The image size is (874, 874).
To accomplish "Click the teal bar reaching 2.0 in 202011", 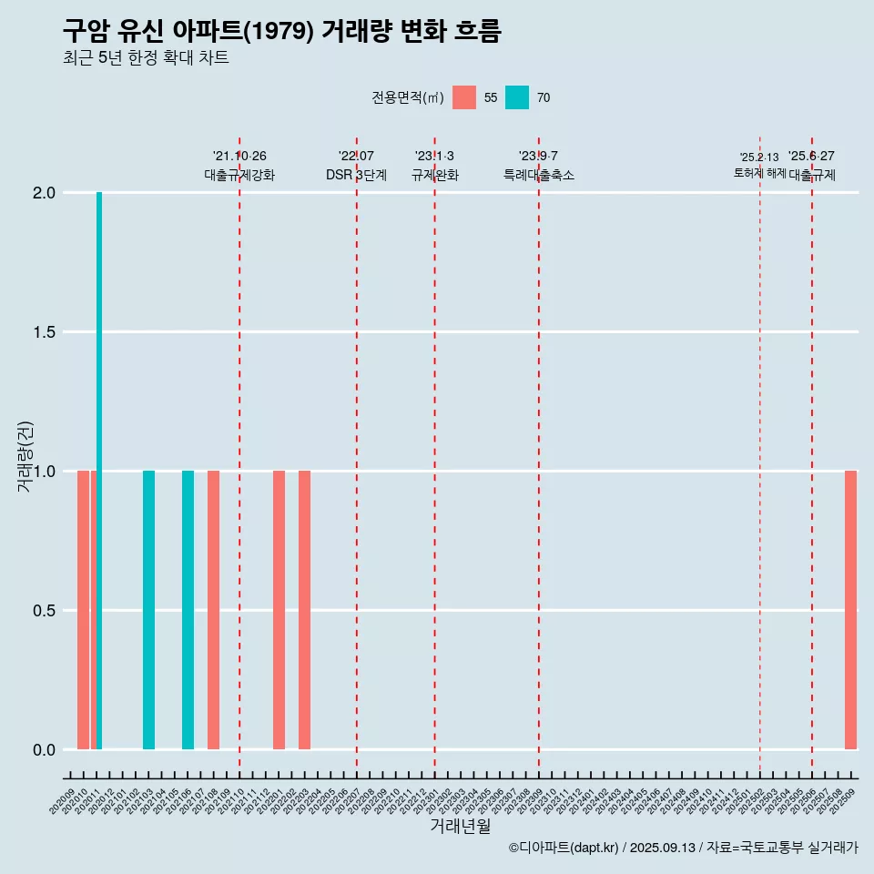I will (x=99, y=470).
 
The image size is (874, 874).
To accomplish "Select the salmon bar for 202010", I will (x=83, y=610).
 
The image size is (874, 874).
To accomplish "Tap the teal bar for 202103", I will (x=148, y=610).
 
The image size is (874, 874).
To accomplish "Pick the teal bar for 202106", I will (x=188, y=610).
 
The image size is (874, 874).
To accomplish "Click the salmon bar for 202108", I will (x=213, y=610).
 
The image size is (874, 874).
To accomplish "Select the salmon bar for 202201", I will (x=279, y=610).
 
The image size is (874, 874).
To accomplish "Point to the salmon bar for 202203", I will (x=304, y=610).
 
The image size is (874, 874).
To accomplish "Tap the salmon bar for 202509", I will (x=850, y=610).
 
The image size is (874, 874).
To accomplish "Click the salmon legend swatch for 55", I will (x=464, y=97).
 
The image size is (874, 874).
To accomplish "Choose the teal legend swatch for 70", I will (x=517, y=97).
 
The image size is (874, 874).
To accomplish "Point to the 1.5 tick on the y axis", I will (x=45, y=332).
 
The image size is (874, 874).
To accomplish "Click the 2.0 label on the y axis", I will (x=45, y=193).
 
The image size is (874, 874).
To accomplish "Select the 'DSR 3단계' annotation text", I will (x=356, y=175).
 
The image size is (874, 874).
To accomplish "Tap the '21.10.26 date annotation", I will (x=239, y=157).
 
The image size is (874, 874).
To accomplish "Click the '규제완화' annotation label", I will (x=434, y=175).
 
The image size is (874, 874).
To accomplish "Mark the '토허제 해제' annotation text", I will (x=759, y=173).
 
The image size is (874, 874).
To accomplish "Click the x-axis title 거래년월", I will (x=460, y=826).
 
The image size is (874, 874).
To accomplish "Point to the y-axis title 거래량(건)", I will (x=25, y=455).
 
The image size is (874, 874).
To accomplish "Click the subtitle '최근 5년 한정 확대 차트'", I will (x=146, y=58).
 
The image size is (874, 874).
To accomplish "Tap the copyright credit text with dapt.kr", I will (x=683, y=848).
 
